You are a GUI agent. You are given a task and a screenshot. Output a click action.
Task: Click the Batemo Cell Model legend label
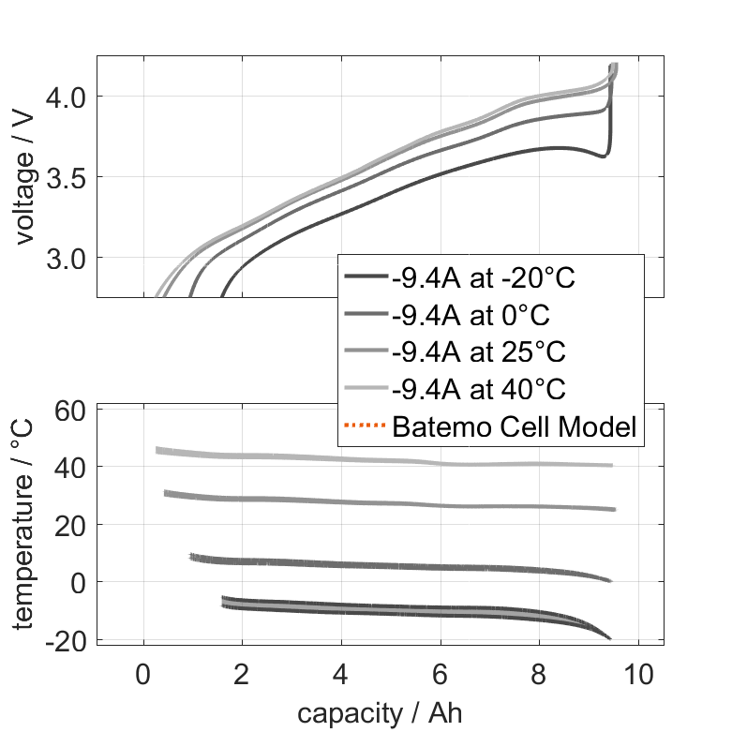pyautogui.click(x=515, y=426)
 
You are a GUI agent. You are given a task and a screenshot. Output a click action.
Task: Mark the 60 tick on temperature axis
pyautogui.click(x=71, y=410)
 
